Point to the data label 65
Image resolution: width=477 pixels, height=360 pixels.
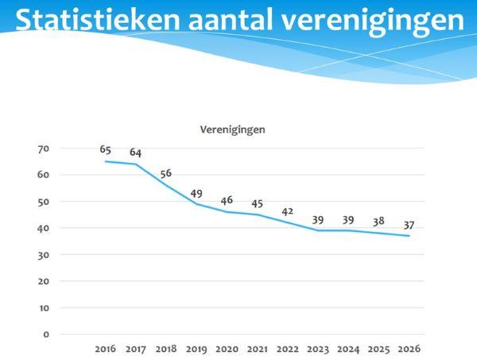click(x=105, y=149)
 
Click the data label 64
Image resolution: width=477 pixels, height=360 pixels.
click(x=135, y=153)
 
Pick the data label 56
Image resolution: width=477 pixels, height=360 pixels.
click(x=165, y=173)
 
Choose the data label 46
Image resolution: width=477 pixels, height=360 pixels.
click(x=227, y=199)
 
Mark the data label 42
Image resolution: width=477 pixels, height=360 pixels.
click(x=287, y=211)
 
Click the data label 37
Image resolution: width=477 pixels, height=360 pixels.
click(x=409, y=224)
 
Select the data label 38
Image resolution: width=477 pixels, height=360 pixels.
click(x=378, y=222)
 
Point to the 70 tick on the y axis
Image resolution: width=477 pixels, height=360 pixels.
click(x=43, y=149)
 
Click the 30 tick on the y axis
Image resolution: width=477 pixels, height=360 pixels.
click(x=43, y=254)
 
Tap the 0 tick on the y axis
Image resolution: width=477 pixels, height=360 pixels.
click(x=45, y=335)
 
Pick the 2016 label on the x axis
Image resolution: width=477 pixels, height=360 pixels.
click(x=105, y=349)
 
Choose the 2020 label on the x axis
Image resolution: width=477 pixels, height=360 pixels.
click(x=227, y=349)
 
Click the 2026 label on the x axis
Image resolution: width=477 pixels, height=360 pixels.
click(x=409, y=349)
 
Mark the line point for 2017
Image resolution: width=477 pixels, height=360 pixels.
click(x=135, y=165)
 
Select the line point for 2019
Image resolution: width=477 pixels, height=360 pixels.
click(x=196, y=204)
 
